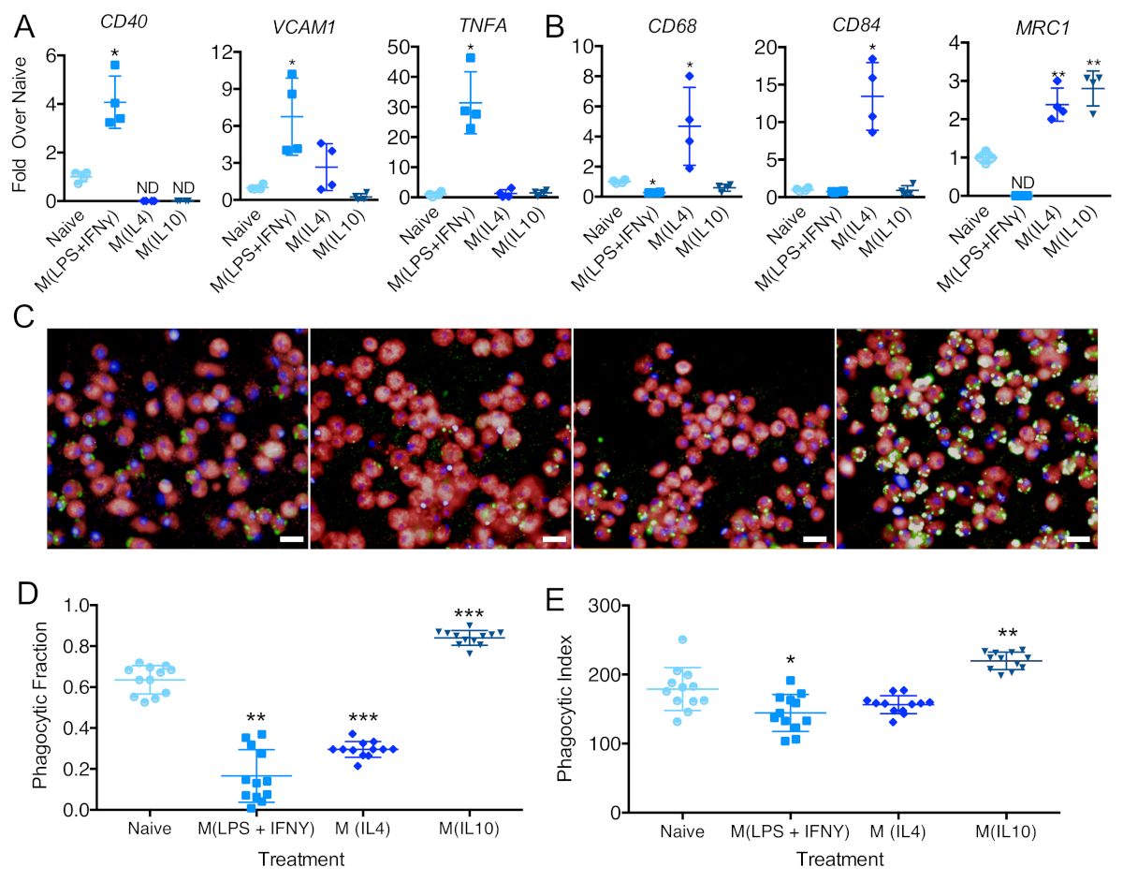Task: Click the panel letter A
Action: coord(23,26)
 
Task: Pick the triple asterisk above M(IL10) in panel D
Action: coord(468,615)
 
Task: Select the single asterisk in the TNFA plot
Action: coord(471,49)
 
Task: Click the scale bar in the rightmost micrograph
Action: coord(1076,539)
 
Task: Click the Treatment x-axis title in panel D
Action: coord(300,858)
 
